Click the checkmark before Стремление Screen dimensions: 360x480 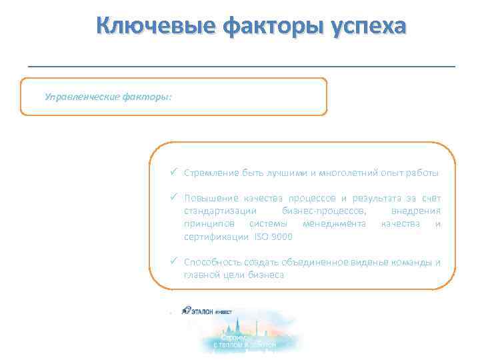tap(173, 173)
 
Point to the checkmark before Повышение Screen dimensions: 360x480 tap(173, 198)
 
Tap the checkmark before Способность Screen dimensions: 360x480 tap(173, 261)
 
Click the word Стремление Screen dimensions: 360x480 tap(211, 173)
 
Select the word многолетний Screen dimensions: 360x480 tap(355, 173)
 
